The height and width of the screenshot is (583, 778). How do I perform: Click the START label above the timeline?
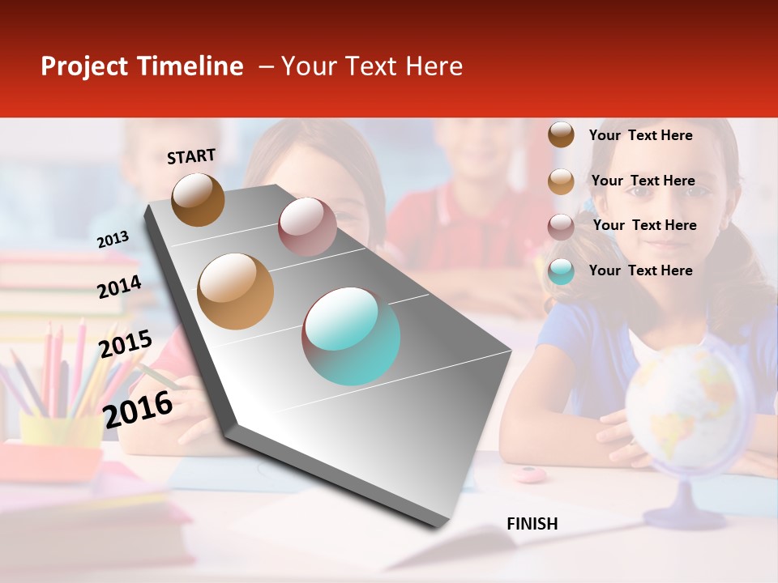click(x=191, y=156)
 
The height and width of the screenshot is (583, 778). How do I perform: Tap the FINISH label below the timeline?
click(x=532, y=524)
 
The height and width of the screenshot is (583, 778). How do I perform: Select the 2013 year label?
click(x=113, y=239)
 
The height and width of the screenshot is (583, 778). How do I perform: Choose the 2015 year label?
click(x=125, y=344)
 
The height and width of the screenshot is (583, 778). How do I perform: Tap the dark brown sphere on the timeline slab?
click(x=198, y=199)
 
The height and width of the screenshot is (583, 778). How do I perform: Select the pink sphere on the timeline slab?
click(x=307, y=226)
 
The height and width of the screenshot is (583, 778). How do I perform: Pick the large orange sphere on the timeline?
click(x=236, y=291)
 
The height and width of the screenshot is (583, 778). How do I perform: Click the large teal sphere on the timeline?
click(x=351, y=336)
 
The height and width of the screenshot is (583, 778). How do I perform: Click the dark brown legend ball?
click(x=561, y=134)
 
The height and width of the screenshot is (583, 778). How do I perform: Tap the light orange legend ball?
click(x=561, y=181)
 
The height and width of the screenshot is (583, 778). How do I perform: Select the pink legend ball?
click(x=561, y=226)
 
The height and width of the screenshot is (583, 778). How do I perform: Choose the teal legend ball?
click(x=561, y=271)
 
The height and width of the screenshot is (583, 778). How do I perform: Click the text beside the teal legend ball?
click(x=640, y=270)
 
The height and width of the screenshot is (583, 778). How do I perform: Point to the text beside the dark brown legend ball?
click(x=640, y=135)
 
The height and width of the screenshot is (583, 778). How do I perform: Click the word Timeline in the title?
click(x=190, y=66)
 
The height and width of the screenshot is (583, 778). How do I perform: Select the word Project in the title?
click(x=85, y=66)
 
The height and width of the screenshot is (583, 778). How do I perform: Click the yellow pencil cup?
click(x=60, y=429)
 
